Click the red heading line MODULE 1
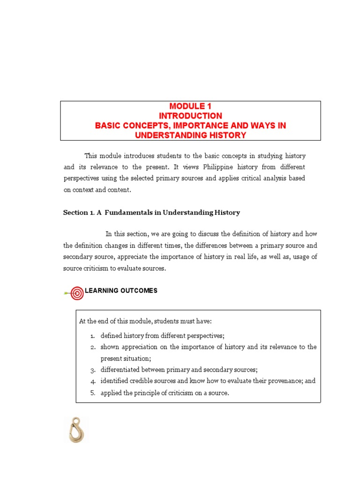pos(190,106)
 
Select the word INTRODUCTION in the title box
pos(190,116)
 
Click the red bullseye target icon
pos(77,293)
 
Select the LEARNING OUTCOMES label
pos(121,291)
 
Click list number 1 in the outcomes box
pos(93,336)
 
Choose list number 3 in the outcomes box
pos(93,370)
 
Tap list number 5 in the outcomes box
pos(93,393)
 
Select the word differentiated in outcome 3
pos(120,370)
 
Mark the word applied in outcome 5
pos(110,393)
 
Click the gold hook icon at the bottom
pos(75,430)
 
